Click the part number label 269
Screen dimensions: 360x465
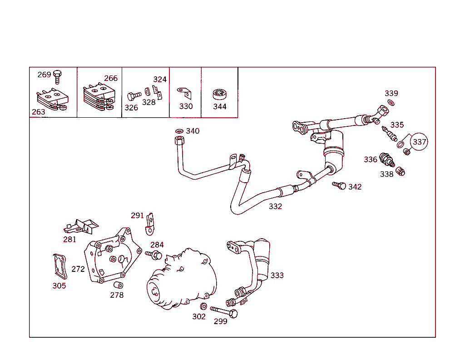(x=44, y=75)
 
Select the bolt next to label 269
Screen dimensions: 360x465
(x=57, y=76)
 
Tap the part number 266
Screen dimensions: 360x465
(x=111, y=78)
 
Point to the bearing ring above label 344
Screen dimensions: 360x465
(x=219, y=95)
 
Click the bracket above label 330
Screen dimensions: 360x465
(x=184, y=92)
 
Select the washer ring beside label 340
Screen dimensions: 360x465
(x=179, y=131)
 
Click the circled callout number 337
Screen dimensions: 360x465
(x=420, y=142)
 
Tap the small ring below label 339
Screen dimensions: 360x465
(x=391, y=103)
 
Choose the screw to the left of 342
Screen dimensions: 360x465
(x=339, y=185)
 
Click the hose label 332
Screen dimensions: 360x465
(x=275, y=206)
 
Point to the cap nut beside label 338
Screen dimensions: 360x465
(x=401, y=171)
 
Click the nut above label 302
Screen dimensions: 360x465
(x=204, y=306)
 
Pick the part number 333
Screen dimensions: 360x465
(x=277, y=275)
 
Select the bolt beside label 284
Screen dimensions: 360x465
(x=154, y=255)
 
